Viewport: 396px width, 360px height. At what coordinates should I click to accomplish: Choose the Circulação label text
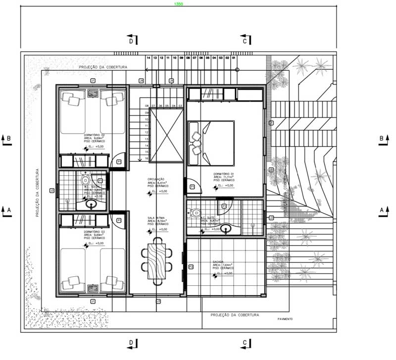tap(156, 179)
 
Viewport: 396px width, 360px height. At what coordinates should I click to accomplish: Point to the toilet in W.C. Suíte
tap(196, 213)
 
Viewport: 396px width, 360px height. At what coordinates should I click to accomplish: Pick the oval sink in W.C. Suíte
tap(227, 229)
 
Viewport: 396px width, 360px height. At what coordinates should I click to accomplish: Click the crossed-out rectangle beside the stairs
tap(166, 135)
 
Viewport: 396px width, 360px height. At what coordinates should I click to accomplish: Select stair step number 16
tap(147, 158)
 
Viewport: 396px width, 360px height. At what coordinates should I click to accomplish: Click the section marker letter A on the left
tap(8, 210)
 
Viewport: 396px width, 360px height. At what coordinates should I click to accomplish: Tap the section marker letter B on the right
tap(381, 138)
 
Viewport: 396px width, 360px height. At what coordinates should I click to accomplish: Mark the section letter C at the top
tap(245, 42)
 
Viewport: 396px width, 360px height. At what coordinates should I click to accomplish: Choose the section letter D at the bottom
tap(131, 342)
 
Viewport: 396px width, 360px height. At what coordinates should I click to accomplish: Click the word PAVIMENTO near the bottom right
tap(285, 319)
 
